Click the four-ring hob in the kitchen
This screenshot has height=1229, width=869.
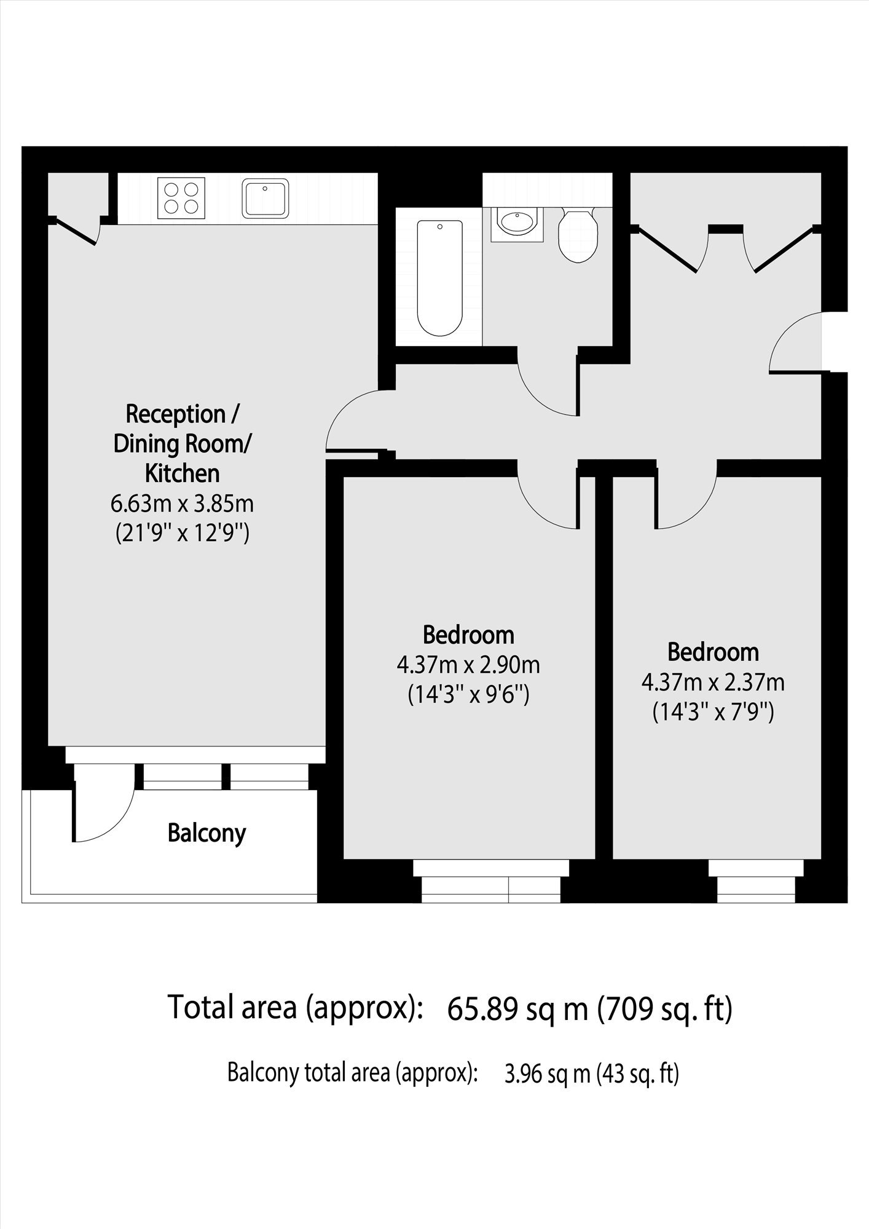tap(181, 197)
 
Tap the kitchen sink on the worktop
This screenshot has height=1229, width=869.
tap(265, 198)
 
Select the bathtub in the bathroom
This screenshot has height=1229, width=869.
tap(439, 278)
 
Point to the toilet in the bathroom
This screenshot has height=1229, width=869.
tap(578, 235)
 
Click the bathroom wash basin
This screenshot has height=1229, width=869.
tap(517, 224)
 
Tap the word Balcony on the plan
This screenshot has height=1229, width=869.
tap(206, 833)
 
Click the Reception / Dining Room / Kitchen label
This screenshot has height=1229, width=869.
tap(183, 443)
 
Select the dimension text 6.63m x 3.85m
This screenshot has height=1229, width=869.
tap(182, 504)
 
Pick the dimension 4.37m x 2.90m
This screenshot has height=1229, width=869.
tap(468, 665)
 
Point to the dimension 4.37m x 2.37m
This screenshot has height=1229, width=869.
tap(713, 682)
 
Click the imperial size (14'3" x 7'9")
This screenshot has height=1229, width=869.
tap(713, 713)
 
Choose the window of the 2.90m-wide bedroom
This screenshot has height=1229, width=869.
tap(491, 881)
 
